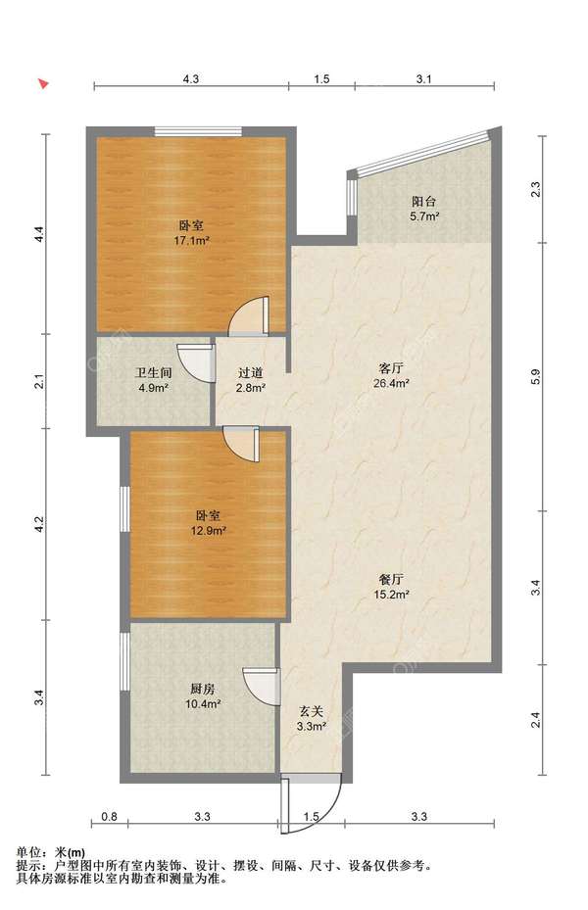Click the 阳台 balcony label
[423, 202]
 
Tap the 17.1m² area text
[192, 240]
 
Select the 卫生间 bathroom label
[153, 373]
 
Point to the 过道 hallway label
[250, 373]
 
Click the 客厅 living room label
[391, 368]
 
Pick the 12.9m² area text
[208, 530]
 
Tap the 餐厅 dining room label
[391, 579]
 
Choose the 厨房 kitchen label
[202, 689]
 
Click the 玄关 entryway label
[311, 711]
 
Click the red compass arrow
[43, 83]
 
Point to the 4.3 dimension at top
[191, 79]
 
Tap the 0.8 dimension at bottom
[109, 817]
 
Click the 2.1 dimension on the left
[39, 382]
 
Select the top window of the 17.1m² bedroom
[198, 131]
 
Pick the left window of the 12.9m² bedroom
[124, 508]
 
